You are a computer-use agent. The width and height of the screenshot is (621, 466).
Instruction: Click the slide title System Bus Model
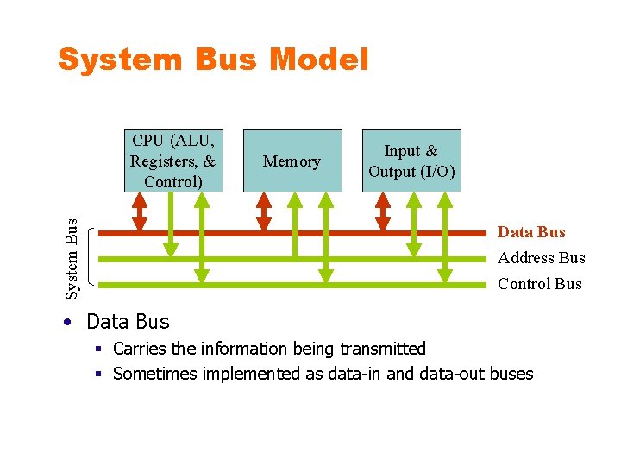pos(213,60)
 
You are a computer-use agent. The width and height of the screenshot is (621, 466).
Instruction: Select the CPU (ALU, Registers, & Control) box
pos(173,161)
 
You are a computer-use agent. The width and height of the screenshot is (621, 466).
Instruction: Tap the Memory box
pos(292,161)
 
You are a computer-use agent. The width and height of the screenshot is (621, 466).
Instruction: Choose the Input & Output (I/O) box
pos(411,161)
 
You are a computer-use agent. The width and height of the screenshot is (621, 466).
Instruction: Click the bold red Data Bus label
pos(531,232)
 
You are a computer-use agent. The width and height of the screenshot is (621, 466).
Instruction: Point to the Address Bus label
pos(541,258)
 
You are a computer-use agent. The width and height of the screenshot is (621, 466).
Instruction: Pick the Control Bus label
pos(540,284)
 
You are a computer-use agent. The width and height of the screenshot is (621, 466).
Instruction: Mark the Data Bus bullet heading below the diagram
pos(128,322)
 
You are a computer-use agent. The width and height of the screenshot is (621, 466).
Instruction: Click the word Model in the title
pos(319,60)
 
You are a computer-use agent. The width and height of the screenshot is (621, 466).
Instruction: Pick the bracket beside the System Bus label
pos(92,257)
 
